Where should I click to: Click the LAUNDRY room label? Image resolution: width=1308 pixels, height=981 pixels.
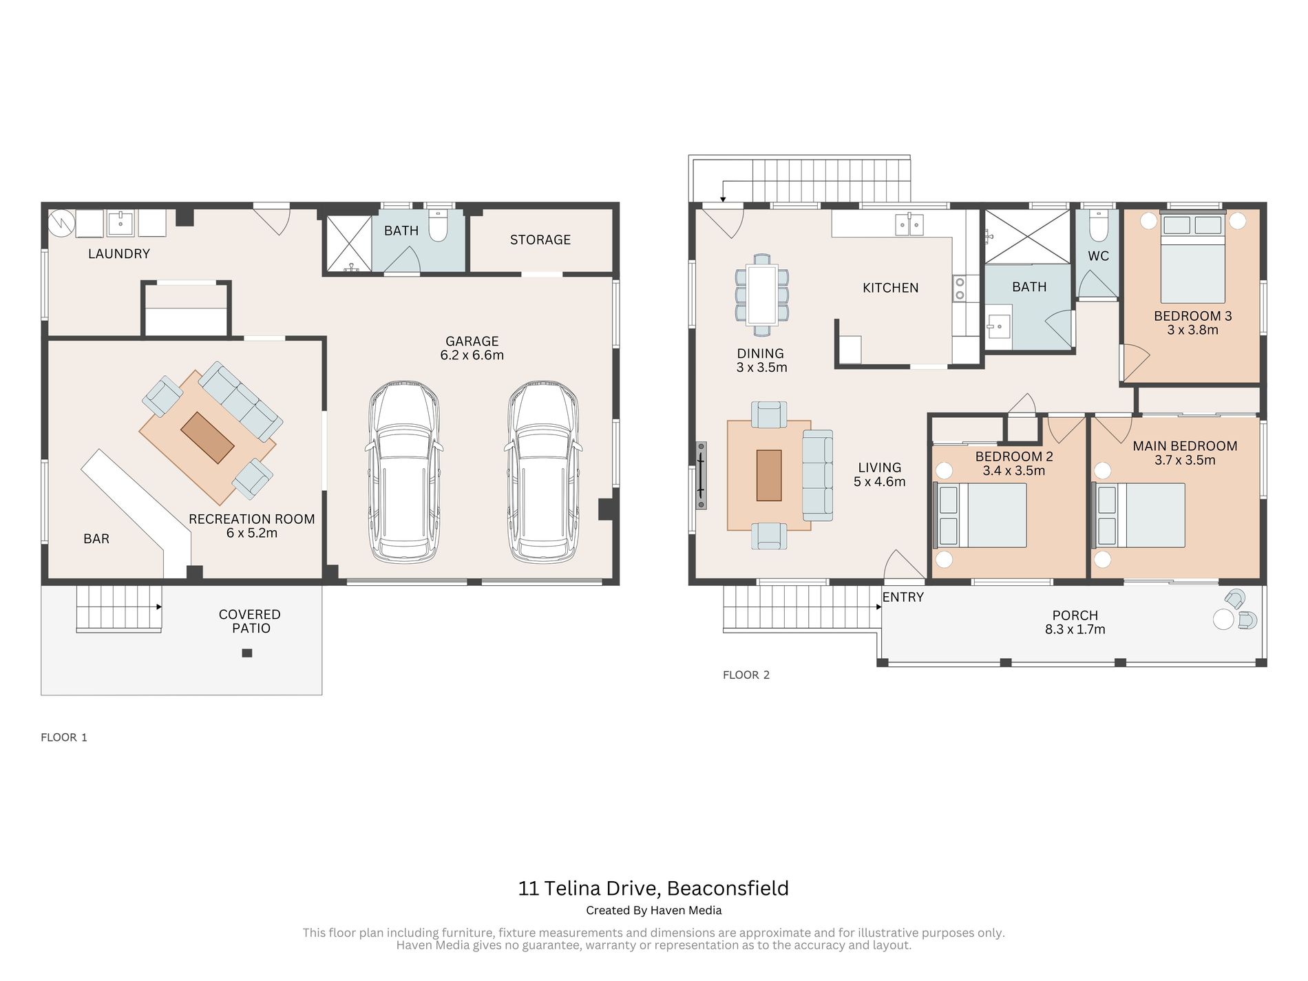click(119, 254)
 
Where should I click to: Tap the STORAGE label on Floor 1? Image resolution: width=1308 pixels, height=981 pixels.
click(540, 240)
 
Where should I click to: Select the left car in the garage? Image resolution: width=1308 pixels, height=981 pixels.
click(404, 472)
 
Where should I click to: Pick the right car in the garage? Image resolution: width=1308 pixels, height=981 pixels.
click(543, 472)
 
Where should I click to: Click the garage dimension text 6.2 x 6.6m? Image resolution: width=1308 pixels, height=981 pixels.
click(472, 356)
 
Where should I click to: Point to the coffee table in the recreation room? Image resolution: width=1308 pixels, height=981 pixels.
click(207, 438)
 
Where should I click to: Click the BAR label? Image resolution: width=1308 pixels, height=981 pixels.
click(96, 539)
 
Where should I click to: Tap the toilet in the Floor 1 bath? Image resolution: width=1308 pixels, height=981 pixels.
click(439, 225)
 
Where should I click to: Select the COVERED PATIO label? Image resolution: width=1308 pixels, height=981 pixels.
click(250, 622)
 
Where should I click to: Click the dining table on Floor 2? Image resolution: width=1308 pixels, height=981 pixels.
click(762, 295)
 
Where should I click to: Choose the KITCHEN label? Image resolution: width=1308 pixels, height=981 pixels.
click(891, 288)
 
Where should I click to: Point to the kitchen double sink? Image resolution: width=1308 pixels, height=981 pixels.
click(909, 224)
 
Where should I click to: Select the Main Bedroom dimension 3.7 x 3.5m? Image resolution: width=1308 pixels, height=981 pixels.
click(1185, 461)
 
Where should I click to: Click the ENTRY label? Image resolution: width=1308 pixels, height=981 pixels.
click(903, 598)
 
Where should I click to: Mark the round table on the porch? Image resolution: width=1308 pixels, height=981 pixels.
click(1223, 619)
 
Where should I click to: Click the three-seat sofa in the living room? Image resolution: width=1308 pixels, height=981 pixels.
click(818, 476)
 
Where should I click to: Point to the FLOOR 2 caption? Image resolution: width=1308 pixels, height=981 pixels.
click(746, 675)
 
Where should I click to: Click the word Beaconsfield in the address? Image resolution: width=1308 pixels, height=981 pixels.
click(728, 889)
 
